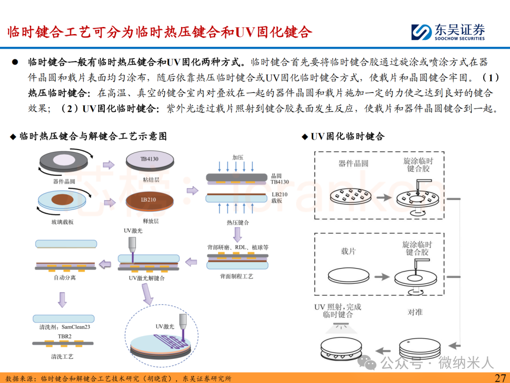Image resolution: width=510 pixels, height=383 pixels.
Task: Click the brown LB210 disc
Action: click(x=149, y=200)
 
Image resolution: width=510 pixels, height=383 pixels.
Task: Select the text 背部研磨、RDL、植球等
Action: click(x=238, y=247)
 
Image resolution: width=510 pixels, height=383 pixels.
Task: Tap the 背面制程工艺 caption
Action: click(x=237, y=276)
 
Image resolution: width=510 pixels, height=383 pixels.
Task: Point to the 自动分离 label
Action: click(x=65, y=278)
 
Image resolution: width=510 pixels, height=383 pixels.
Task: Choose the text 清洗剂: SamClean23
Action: click(x=63, y=327)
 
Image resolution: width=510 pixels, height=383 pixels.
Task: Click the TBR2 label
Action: click(x=64, y=336)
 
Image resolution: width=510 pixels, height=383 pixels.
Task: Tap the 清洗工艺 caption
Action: click(x=63, y=356)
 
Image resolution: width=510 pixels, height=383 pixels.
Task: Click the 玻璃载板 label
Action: click(x=64, y=222)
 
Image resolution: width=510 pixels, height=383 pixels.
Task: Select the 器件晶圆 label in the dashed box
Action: click(x=353, y=164)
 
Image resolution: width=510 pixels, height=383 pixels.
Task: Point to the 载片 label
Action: click(x=348, y=251)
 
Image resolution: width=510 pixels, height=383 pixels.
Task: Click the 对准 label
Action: click(x=415, y=312)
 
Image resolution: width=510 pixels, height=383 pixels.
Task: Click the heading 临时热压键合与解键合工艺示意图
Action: click(x=93, y=137)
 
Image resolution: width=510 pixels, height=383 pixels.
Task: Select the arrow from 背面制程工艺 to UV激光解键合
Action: click(x=191, y=261)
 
